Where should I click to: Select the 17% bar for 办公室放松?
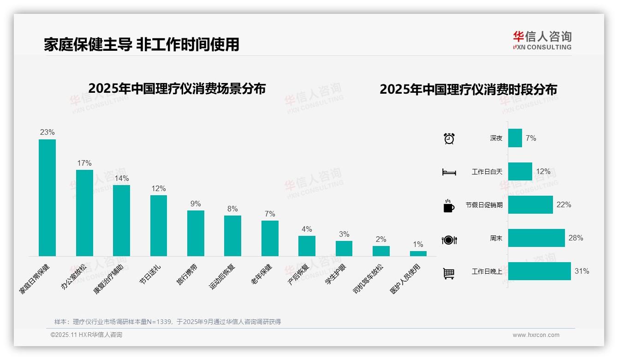(x=84, y=213)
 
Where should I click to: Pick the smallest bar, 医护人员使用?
(x=418, y=253)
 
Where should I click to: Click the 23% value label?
(x=47, y=132)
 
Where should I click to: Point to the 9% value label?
(x=196, y=204)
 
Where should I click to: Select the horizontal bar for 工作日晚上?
(x=539, y=271)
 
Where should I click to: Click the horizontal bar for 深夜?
(x=515, y=138)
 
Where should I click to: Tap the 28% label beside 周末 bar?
(x=576, y=238)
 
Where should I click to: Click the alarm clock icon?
(x=449, y=138)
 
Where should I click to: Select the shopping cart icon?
(x=449, y=274)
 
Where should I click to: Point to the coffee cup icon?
(x=449, y=206)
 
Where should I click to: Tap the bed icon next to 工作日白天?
(x=449, y=172)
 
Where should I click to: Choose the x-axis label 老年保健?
(x=262, y=274)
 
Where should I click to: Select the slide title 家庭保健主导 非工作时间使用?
(x=142, y=44)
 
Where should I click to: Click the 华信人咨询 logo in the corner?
(x=542, y=40)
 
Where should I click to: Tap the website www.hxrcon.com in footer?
(x=536, y=335)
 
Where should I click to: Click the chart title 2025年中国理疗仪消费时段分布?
(x=468, y=89)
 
